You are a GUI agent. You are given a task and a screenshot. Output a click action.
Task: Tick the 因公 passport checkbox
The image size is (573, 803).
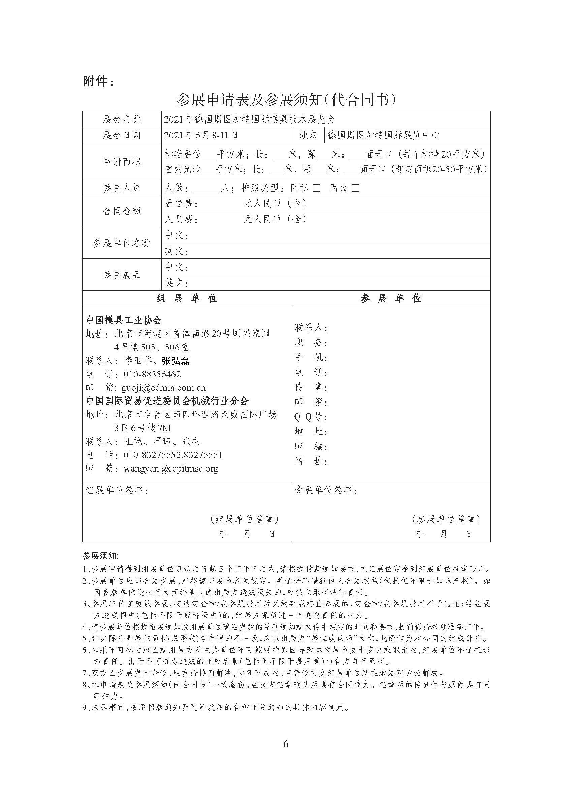356,188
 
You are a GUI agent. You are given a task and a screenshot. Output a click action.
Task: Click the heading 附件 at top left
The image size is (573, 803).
98,82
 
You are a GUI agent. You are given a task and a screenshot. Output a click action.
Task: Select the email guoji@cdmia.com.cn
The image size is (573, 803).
163,388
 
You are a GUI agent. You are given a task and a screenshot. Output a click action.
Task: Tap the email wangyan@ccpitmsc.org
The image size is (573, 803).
171,468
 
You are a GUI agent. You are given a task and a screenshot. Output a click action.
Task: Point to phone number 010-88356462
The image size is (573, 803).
152,374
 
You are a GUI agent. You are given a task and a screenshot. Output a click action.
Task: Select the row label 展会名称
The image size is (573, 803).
122,119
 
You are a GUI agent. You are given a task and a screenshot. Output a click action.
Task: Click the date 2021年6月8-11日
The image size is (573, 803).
201,135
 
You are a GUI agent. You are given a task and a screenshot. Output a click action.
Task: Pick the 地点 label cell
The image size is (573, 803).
308,135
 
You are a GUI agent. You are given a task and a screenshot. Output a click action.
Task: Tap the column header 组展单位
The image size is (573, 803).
187,298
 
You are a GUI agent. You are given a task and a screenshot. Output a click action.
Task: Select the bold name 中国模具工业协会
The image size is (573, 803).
124,320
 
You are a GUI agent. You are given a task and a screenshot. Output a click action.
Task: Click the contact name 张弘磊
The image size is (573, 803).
176,361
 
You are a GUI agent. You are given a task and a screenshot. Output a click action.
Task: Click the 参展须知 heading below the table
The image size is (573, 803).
101,556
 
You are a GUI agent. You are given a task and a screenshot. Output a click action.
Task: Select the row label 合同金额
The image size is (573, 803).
122,211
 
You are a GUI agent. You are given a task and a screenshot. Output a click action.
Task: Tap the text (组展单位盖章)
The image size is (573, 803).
244,519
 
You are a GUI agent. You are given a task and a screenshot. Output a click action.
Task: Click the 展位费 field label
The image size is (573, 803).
181,204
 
